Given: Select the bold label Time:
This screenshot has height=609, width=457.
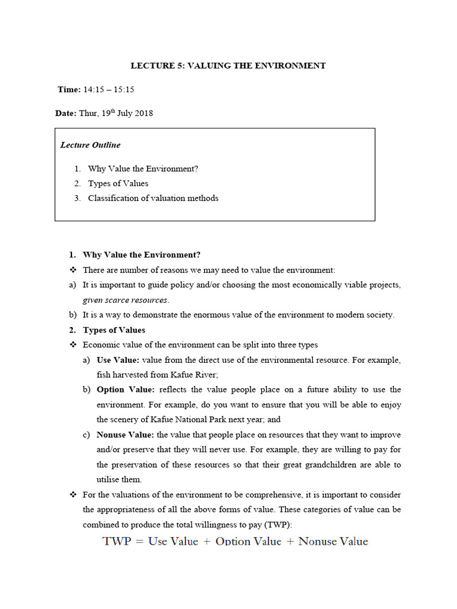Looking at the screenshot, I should click(x=69, y=89).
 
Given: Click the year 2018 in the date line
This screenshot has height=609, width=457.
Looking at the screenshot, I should click(x=142, y=113).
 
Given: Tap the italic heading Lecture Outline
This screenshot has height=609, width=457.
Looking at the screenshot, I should click(x=90, y=145).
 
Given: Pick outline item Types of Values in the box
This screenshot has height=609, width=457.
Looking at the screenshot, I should click(x=118, y=183).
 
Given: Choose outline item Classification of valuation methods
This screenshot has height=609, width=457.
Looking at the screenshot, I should click(x=153, y=198).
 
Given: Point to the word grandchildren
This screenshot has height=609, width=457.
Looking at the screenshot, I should click(x=330, y=464).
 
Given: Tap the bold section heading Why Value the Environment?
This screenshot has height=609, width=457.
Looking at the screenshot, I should click(x=142, y=255).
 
